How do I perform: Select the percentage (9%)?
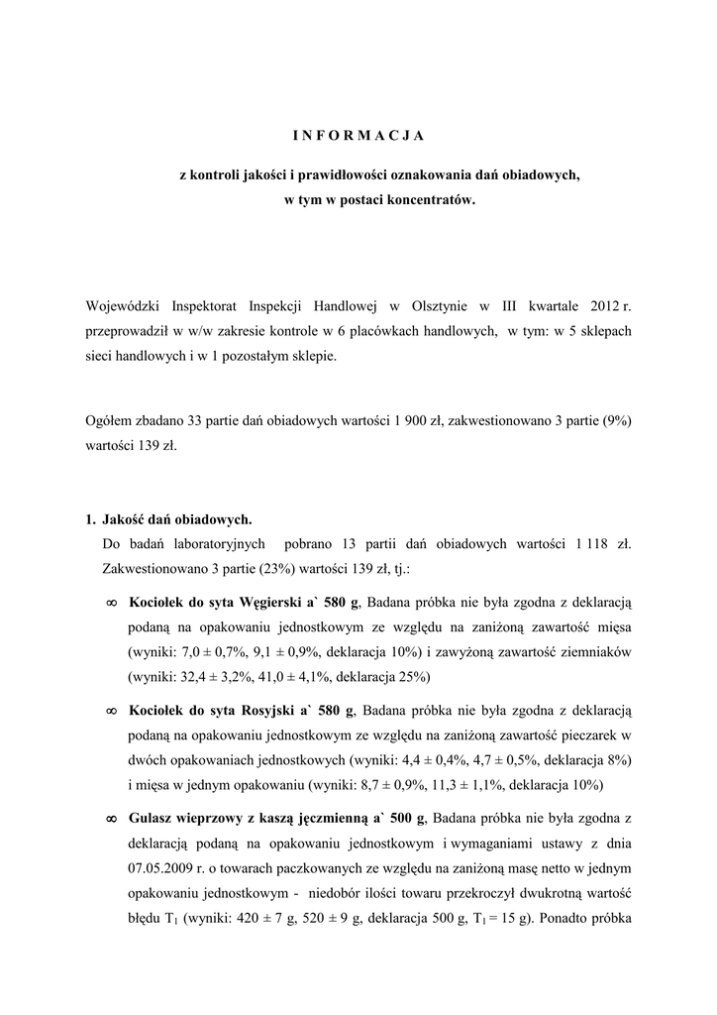point(613,420)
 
